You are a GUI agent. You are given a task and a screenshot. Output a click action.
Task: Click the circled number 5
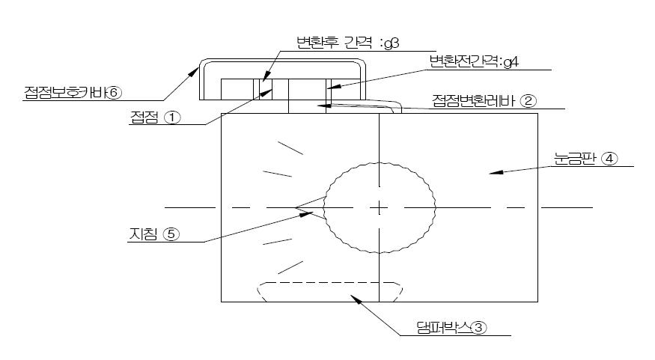tap(171, 234)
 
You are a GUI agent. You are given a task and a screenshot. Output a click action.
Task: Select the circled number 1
tap(174, 118)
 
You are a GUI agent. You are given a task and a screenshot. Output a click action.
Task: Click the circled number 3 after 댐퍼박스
tap(480, 327)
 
